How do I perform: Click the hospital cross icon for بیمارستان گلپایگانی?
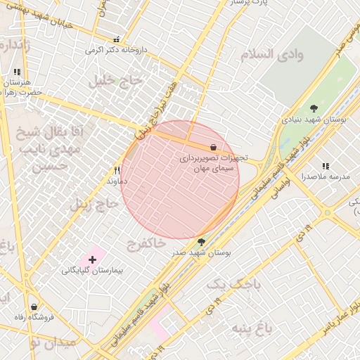coord(92,259)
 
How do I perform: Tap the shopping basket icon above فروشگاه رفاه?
coord(34,307)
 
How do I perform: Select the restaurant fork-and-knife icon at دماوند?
coord(117,170)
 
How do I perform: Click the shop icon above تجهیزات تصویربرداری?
coord(213,148)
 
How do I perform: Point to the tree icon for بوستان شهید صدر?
coord(202,241)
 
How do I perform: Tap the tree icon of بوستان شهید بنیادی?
coord(313,108)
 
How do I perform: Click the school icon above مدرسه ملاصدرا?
coord(324,165)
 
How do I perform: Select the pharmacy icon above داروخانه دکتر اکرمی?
coord(117,39)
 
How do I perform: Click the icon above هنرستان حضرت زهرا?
coord(17,72)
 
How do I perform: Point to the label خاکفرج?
coord(146,243)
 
